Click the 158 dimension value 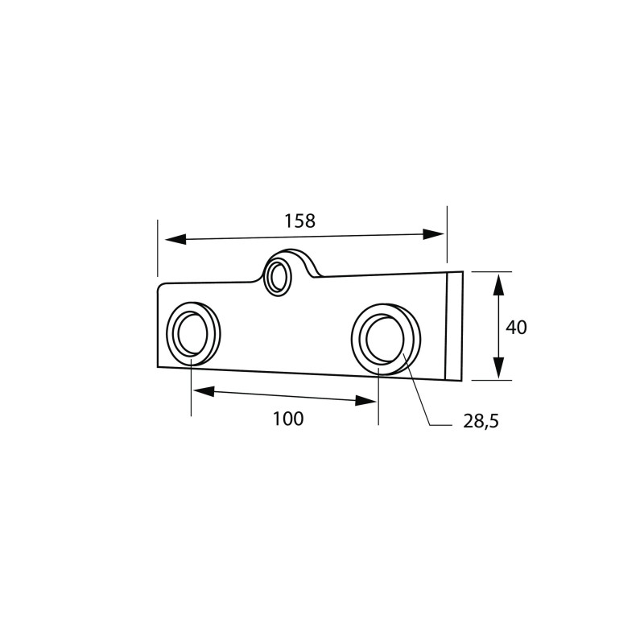300,221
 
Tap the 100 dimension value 288,419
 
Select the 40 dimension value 516,328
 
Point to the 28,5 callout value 481,421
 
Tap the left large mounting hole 192,333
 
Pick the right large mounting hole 386,339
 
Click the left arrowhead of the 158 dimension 175,239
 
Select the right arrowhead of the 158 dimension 434,234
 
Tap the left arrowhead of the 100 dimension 204,392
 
